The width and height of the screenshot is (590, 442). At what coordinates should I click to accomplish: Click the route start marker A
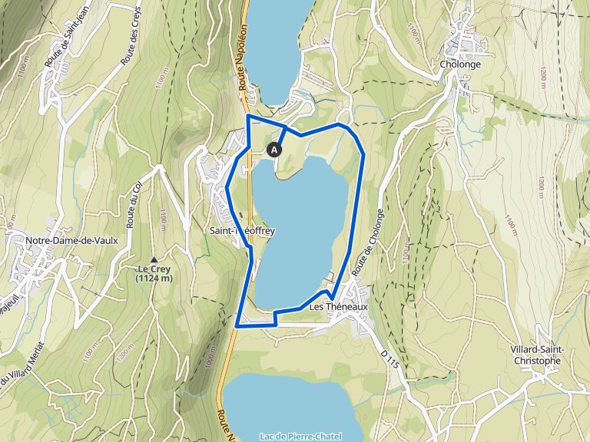tap(274, 150)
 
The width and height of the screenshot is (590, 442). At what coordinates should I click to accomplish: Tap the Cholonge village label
tap(461, 64)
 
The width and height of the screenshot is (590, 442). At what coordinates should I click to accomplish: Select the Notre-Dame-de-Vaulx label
tap(71, 240)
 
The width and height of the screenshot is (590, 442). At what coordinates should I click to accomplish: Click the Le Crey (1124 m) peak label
tap(154, 274)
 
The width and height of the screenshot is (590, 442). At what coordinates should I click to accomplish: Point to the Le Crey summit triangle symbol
tap(154, 259)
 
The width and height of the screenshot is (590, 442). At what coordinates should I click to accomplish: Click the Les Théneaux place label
tap(339, 306)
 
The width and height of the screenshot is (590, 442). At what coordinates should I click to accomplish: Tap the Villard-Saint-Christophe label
tap(537, 355)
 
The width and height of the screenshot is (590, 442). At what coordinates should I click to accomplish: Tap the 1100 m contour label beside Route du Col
tap(164, 218)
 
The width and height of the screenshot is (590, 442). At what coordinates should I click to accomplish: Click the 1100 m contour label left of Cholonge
tap(414, 34)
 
